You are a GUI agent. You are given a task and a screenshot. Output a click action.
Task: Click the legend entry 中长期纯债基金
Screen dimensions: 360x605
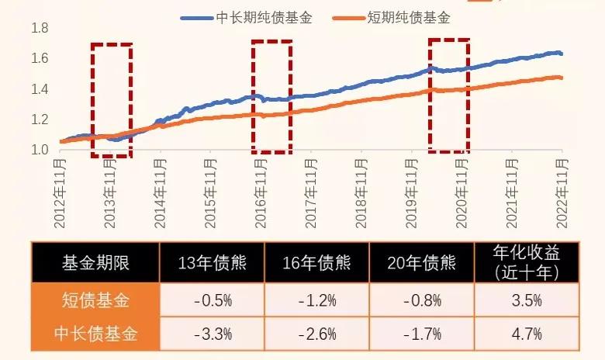256,17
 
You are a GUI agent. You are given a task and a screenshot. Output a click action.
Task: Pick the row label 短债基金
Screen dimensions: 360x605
95,299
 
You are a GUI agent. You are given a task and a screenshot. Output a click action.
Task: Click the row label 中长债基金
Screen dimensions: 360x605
95,334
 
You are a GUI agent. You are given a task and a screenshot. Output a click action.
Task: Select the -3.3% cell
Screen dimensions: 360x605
212,334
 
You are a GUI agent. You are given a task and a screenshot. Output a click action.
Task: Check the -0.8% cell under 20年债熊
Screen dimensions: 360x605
420,299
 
